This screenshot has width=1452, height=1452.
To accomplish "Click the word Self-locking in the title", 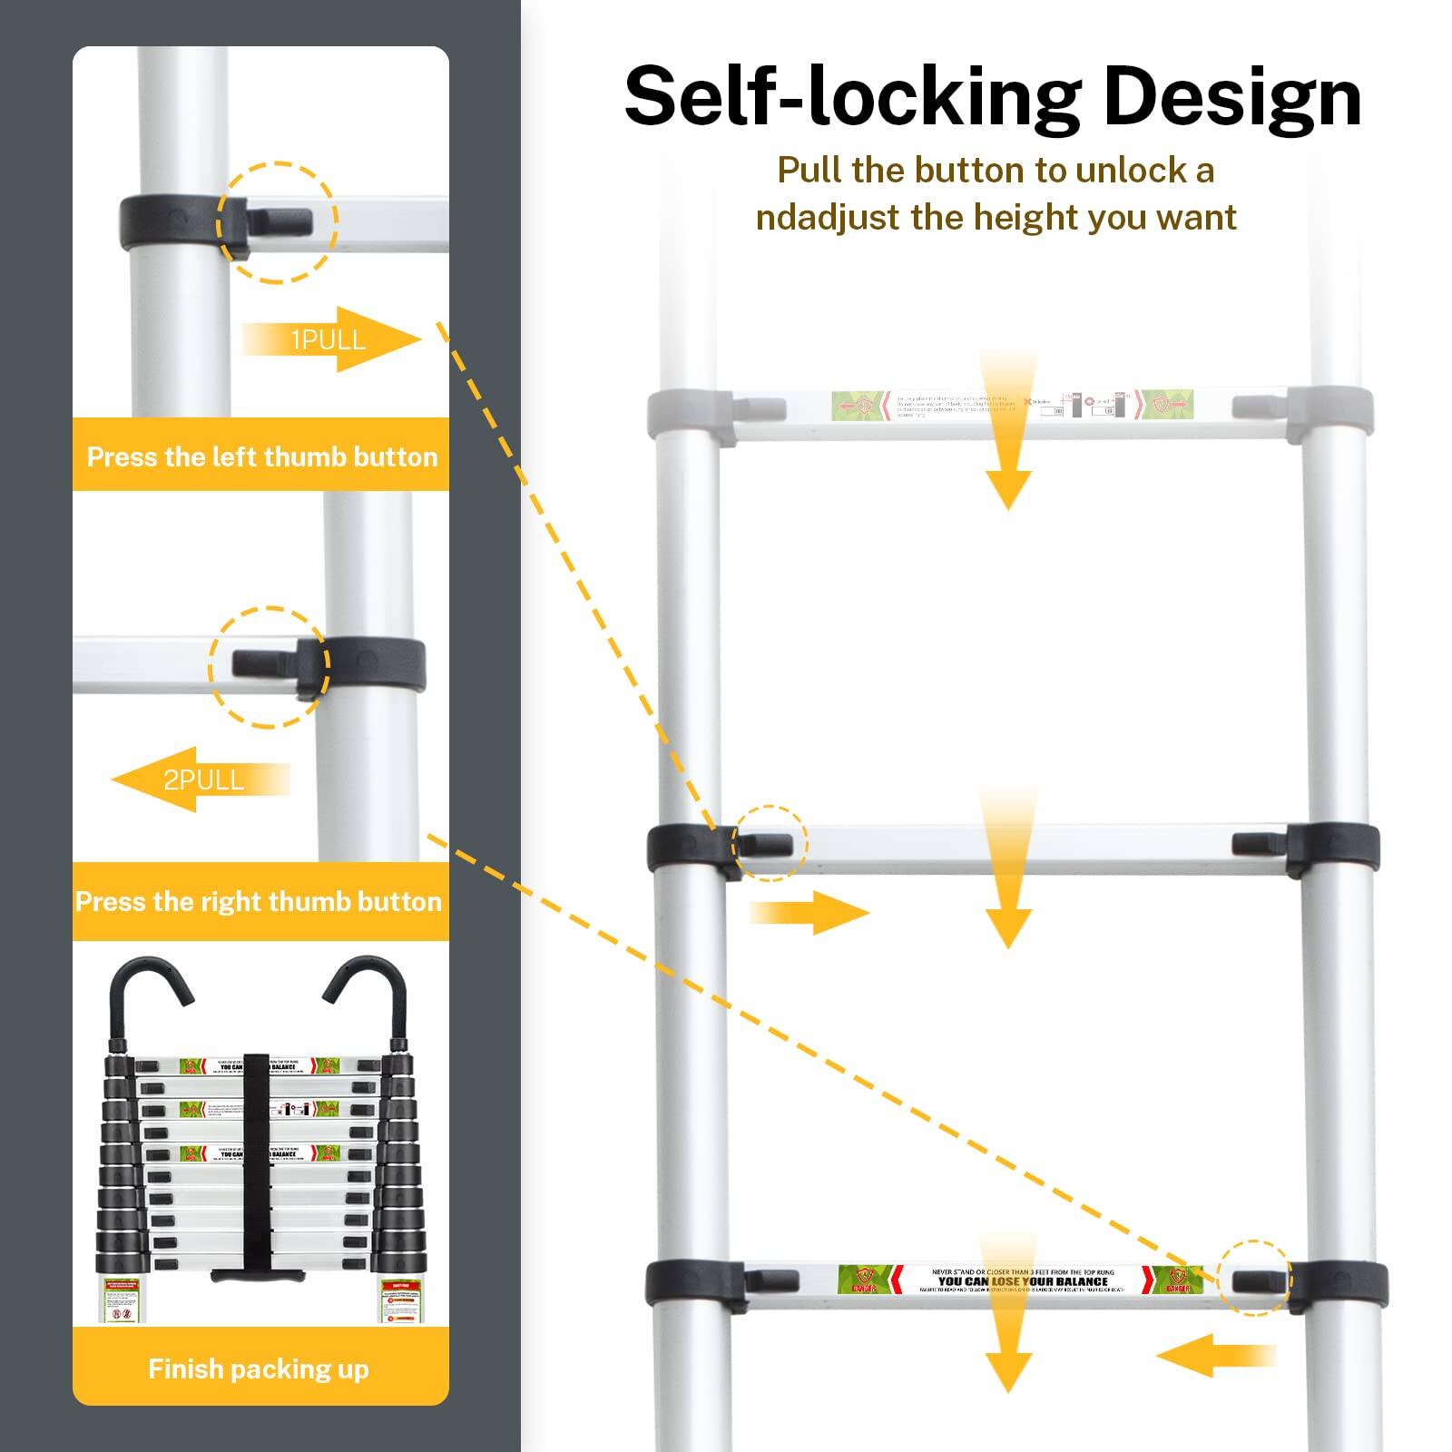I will point(851,97).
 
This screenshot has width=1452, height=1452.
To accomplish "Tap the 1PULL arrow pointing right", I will point(332,339).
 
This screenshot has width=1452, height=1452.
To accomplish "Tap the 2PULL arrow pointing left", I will point(200,780).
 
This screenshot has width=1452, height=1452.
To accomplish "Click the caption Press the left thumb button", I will point(261,456).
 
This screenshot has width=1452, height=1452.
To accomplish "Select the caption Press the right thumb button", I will point(259,901).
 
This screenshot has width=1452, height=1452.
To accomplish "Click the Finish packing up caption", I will point(259,1369).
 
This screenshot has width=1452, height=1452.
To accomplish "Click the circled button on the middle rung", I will point(769,844).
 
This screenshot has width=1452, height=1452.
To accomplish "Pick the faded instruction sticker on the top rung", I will point(1012,405).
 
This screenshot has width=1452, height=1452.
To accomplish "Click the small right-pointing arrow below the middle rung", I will point(808,912).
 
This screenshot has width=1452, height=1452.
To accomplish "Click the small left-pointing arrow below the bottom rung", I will point(1216,1356).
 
